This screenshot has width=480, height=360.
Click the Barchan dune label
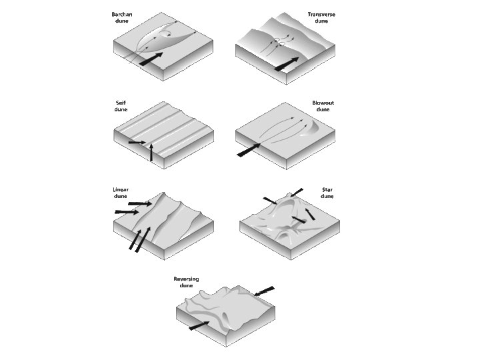click(x=122, y=18)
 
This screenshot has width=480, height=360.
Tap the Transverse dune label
click(x=321, y=18)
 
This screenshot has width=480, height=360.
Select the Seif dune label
click(x=121, y=106)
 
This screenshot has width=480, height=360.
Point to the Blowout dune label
click(x=323, y=106)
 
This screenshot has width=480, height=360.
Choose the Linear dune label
click(x=121, y=193)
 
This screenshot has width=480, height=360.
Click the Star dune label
click(x=327, y=193)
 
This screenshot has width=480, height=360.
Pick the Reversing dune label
click(x=186, y=282)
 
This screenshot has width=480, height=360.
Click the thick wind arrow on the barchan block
click(x=151, y=59)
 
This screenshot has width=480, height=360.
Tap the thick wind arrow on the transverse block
click(x=287, y=64)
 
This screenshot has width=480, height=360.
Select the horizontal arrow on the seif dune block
click(x=137, y=143)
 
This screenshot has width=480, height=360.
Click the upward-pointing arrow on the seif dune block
click(x=151, y=152)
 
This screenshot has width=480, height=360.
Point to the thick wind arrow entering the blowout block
click(x=249, y=150)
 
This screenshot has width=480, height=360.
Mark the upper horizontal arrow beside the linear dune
click(x=140, y=203)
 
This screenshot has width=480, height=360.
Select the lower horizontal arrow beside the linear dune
click(x=127, y=212)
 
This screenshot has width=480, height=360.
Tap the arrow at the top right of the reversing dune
click(x=264, y=291)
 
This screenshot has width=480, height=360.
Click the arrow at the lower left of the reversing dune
click(x=199, y=326)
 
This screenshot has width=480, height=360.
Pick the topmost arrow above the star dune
click(x=297, y=193)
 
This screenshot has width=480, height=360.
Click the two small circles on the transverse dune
click(x=279, y=42)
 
